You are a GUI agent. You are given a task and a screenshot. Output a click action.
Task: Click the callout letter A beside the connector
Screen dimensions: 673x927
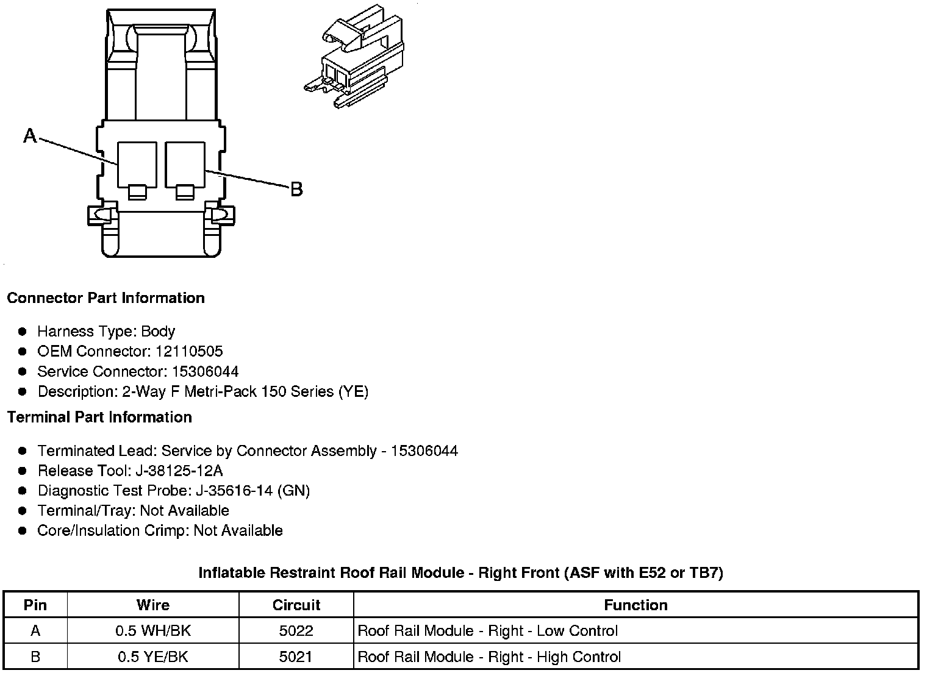click(x=30, y=136)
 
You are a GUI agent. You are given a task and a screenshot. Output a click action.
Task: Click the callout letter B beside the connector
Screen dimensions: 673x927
click(x=296, y=190)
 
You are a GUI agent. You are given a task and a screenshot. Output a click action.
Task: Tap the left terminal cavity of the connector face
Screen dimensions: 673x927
click(x=137, y=164)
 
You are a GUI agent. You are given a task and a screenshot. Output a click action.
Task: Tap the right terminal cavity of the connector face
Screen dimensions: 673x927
click(x=185, y=164)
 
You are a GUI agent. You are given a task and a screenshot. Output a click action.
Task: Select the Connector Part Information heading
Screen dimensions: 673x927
click(x=106, y=298)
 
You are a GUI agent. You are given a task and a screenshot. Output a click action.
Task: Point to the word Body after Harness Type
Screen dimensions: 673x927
click(x=158, y=332)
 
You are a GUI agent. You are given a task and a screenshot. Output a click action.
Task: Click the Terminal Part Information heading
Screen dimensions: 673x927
click(x=99, y=418)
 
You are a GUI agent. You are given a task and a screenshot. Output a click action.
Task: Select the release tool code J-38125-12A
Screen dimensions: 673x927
click(x=189, y=471)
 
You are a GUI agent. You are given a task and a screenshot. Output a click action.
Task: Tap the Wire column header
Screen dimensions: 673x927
click(x=153, y=605)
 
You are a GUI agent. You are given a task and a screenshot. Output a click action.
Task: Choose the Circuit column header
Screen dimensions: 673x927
click(x=296, y=605)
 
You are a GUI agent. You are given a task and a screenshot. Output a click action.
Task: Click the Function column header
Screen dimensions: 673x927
click(x=635, y=605)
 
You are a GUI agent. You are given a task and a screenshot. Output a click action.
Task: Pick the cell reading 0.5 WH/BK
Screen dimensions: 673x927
click(x=153, y=631)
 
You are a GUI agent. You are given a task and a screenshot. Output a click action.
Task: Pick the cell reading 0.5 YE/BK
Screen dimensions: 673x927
click(x=153, y=657)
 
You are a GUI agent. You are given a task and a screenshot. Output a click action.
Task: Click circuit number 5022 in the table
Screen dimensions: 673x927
click(x=296, y=631)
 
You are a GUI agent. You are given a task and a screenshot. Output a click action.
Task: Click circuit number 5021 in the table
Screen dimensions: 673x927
click(x=296, y=657)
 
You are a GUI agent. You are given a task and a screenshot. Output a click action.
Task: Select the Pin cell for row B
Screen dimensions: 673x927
click(x=35, y=657)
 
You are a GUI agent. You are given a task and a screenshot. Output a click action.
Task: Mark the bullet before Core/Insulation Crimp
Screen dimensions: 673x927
click(x=23, y=531)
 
